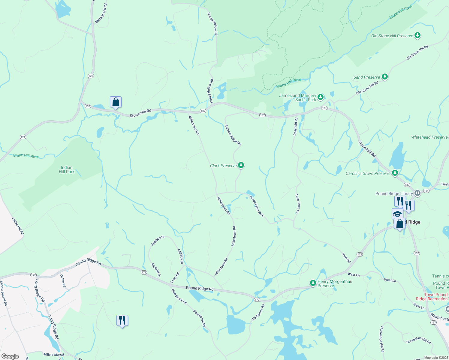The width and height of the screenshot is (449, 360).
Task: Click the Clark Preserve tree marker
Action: [x=241, y=165]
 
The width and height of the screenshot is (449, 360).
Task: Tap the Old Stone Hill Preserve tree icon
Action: [x=417, y=35]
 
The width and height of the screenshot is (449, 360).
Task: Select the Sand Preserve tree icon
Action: [x=384, y=76]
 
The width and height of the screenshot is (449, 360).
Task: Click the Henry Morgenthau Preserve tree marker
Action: [x=313, y=283]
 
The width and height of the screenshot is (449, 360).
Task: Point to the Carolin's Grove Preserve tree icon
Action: [x=395, y=173]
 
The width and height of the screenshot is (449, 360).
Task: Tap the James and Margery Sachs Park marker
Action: [x=321, y=97]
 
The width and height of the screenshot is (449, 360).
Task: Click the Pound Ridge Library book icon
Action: [x=417, y=193]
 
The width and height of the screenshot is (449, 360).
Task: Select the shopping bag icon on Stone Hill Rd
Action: [x=116, y=102]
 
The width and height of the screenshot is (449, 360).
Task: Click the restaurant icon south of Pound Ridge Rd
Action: [x=122, y=320]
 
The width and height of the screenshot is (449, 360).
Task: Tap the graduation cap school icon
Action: [x=397, y=214]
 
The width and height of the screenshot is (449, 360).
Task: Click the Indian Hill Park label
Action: [x=67, y=169]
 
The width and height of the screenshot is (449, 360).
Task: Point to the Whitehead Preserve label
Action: [x=429, y=137]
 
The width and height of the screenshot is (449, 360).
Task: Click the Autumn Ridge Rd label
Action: [x=233, y=135]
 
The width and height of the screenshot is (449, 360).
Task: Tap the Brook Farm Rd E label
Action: [x=257, y=206]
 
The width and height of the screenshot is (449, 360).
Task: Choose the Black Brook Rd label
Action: [x=101, y=13]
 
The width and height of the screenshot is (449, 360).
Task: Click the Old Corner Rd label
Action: [x=258, y=312]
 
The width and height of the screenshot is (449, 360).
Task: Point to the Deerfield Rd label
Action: [x=296, y=126]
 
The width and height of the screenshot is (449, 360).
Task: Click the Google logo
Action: [x=10, y=356]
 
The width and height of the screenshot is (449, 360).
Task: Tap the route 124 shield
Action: [x=426, y=190]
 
